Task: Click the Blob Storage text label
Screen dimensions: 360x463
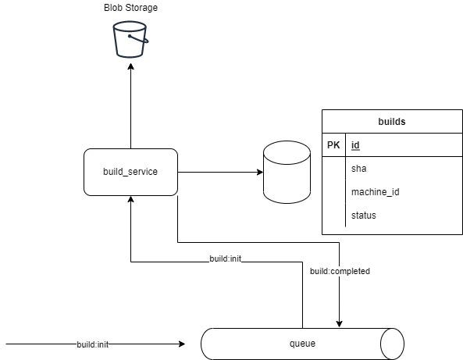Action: coord(130,8)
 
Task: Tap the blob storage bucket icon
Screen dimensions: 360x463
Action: coord(130,39)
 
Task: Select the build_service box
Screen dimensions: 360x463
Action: coord(130,171)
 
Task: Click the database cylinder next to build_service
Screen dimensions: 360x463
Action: coord(287,171)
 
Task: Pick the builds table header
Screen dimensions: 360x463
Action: coord(391,122)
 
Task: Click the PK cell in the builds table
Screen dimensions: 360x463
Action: coord(333,145)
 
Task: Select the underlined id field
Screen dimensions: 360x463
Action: coord(355,145)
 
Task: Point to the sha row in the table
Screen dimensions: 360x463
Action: coord(359,168)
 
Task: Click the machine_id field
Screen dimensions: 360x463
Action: coord(376,191)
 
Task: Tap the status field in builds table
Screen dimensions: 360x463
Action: coord(363,215)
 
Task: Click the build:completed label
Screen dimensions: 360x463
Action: coord(340,272)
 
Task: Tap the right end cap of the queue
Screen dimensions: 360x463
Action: coord(392,344)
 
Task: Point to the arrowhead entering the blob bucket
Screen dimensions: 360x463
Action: coord(130,65)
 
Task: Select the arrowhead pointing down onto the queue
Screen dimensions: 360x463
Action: coord(340,323)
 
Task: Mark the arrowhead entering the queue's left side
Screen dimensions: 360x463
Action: coord(181,344)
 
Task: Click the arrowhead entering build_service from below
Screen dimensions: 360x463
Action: coord(130,200)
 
